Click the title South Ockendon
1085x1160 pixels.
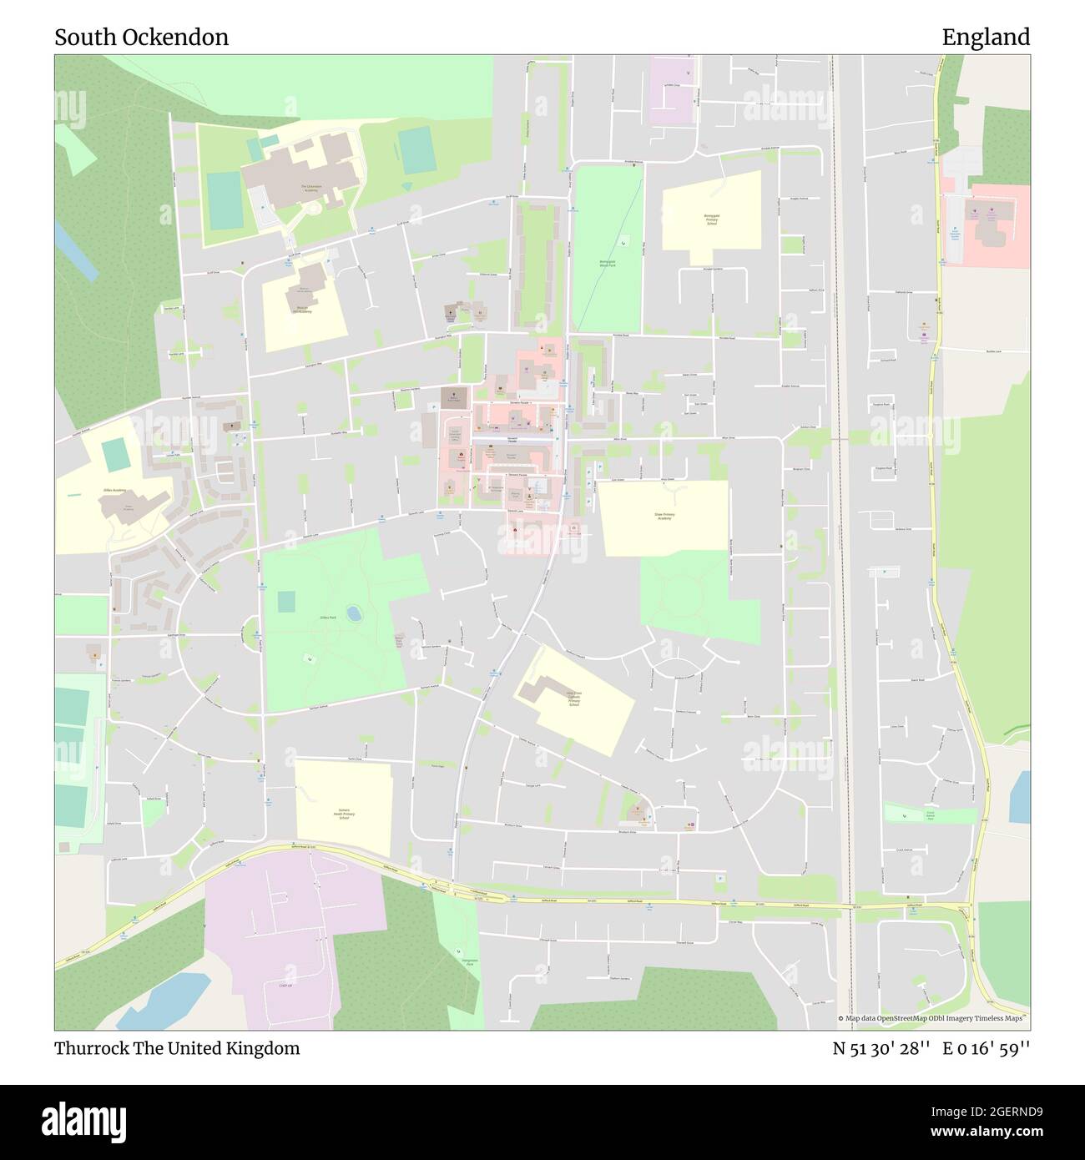[x=141, y=38]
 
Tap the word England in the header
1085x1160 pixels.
[x=986, y=38]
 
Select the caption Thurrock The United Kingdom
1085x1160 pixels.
[x=177, y=1048]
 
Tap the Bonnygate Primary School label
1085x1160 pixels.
[x=711, y=219]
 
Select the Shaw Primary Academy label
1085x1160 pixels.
[x=664, y=517]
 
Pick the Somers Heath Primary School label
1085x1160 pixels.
[x=342, y=813]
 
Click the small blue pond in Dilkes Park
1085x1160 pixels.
[x=355, y=614]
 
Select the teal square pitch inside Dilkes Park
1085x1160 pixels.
[x=285, y=601]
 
